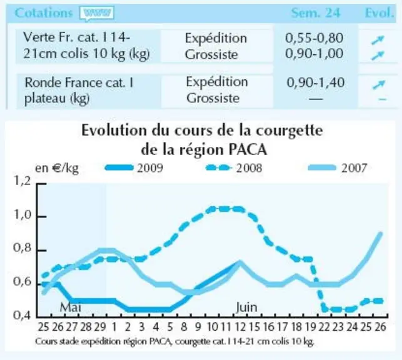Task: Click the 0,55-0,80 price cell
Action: point(314,38)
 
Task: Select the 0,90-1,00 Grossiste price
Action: point(314,54)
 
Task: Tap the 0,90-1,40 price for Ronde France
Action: point(315,82)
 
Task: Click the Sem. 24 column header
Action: point(316,12)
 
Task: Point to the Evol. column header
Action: point(379,12)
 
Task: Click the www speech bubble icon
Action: point(97,13)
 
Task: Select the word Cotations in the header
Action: point(44,12)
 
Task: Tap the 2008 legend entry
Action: point(234,168)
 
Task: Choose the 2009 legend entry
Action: point(134,168)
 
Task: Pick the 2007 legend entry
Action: point(338,168)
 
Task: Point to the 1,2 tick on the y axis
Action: point(22,181)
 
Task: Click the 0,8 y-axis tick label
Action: point(22,247)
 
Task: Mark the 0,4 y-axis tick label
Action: point(22,315)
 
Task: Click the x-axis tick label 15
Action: point(254,327)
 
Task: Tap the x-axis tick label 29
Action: point(100,327)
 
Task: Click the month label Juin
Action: point(246,307)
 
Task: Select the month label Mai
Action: point(70,307)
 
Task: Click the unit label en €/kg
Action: point(57,168)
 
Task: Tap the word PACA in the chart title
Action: point(248,149)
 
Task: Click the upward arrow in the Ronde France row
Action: point(379,84)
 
